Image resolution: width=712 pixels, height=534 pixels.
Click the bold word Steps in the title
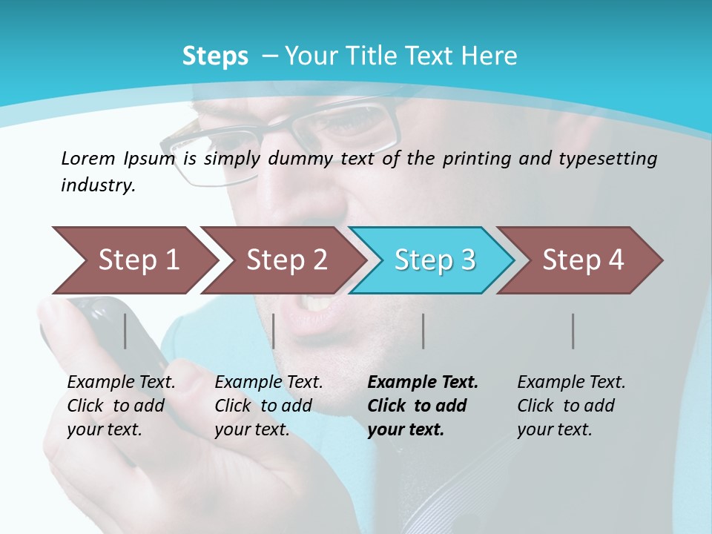click(215, 56)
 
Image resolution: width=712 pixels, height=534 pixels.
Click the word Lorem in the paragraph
click(88, 158)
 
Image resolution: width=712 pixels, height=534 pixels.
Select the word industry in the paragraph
click(97, 185)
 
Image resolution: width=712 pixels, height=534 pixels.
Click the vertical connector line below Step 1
click(125, 331)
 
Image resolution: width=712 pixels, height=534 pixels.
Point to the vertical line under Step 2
click(274, 331)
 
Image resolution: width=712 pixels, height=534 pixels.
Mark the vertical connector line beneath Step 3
click(423, 331)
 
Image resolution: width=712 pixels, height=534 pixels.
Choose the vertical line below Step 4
click(573, 331)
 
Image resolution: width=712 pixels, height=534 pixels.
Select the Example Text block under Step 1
click(120, 406)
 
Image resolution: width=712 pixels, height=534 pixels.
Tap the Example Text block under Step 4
click(570, 406)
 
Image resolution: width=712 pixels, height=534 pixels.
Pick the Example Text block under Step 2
click(268, 406)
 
